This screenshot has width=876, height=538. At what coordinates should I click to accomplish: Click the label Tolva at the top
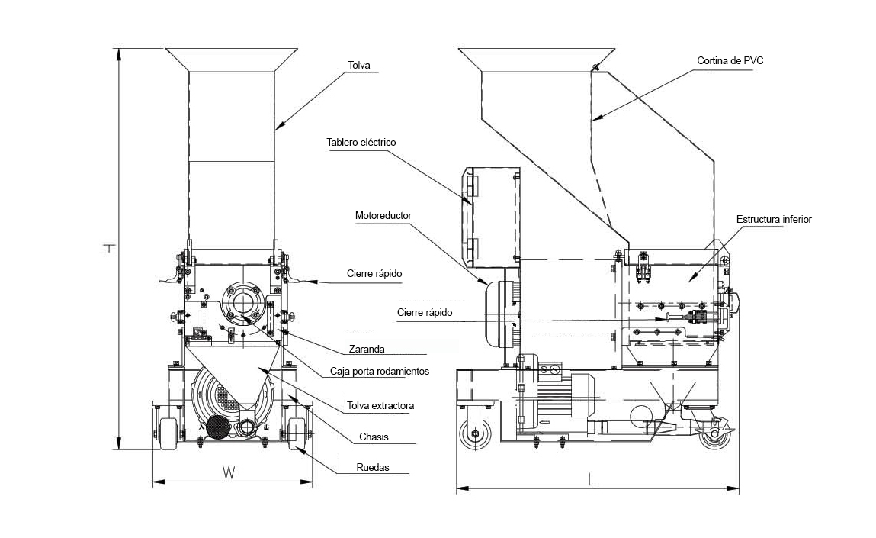tap(358, 66)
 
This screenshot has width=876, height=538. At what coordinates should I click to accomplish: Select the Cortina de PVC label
tap(730, 61)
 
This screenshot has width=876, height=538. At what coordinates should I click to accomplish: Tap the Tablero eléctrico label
tap(361, 142)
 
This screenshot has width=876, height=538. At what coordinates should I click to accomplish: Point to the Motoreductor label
tap(383, 215)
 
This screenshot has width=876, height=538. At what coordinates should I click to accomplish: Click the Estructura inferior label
tap(774, 219)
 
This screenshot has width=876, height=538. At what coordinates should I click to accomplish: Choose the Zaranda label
tap(367, 349)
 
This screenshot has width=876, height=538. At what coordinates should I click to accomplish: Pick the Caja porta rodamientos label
tap(380, 372)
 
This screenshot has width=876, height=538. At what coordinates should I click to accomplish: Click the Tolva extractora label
tap(380, 405)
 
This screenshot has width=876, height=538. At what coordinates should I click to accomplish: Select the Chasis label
tap(374, 437)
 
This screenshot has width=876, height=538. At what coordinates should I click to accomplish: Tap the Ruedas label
tap(373, 468)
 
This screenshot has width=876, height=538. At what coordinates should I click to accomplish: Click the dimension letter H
tap(110, 248)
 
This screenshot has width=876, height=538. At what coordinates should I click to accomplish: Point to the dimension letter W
tap(229, 473)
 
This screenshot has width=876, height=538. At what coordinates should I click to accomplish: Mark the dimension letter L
tap(592, 479)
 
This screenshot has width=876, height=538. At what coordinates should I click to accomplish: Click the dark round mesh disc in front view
tap(218, 428)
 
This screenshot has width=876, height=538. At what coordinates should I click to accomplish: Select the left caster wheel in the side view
tap(475, 433)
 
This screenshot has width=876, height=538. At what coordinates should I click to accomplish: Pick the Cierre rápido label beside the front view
tap(374, 273)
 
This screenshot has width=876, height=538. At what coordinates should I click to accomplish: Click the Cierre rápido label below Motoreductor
tap(425, 313)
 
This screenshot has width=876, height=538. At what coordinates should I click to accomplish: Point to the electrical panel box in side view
tap(490, 217)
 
